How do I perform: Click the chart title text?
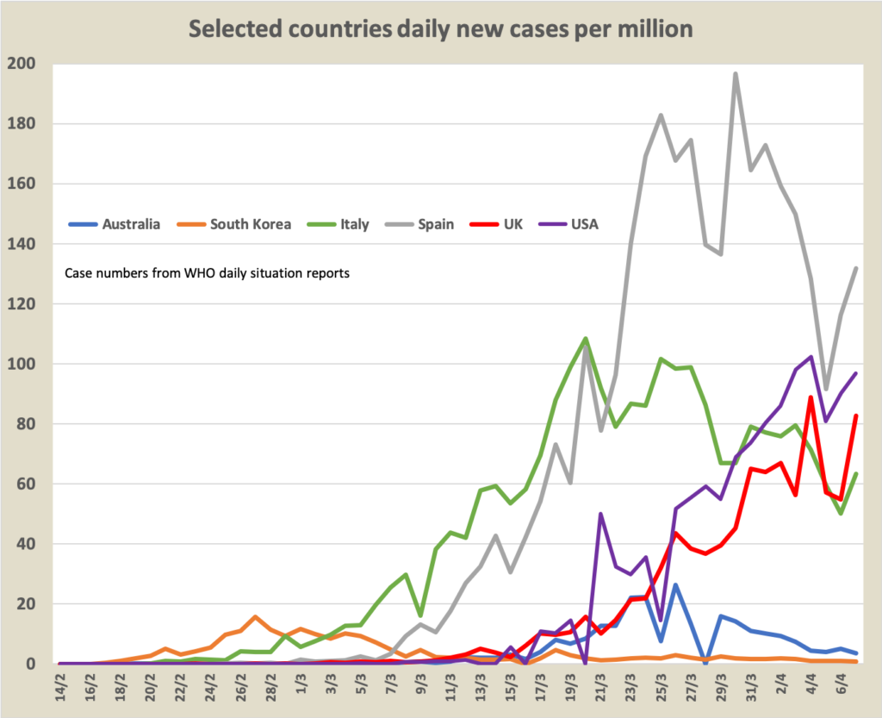coord(441,29)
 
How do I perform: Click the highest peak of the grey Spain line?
coord(736,74)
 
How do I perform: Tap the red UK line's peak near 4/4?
coord(811,396)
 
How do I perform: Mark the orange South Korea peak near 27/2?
coord(255,617)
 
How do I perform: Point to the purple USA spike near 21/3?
coord(600,514)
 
